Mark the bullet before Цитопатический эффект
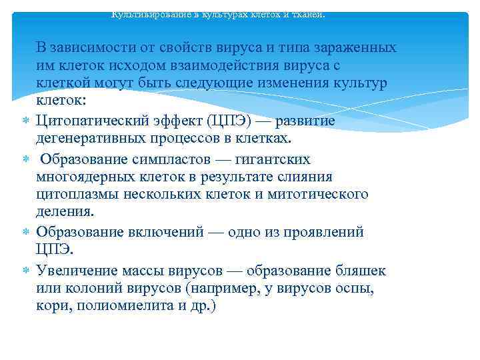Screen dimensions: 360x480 click(25, 121)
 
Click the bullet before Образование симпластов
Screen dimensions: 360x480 click(25, 160)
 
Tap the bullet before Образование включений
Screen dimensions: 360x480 click(25, 233)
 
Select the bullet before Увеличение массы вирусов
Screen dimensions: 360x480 click(25, 271)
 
